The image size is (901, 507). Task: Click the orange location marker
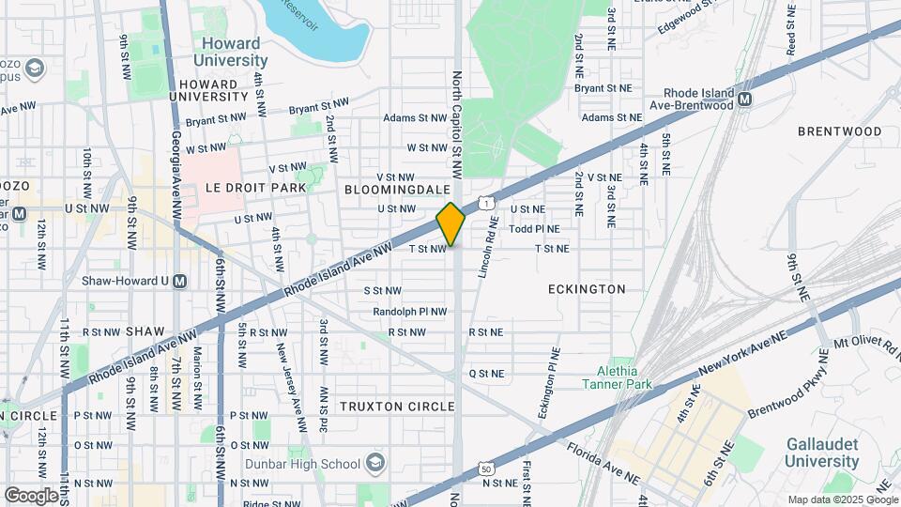(x=450, y=224)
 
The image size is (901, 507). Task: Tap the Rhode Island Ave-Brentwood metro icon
(x=744, y=99)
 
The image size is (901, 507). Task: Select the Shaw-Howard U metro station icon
(x=180, y=281)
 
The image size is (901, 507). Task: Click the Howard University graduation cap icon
(x=36, y=69)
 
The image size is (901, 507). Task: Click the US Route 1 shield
(x=485, y=202)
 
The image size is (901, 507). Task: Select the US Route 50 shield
(x=485, y=468)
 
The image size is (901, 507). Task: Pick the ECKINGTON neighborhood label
(x=587, y=289)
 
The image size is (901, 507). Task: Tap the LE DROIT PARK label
(x=255, y=188)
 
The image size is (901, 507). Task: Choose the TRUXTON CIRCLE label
(x=397, y=407)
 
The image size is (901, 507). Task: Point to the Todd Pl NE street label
(x=534, y=228)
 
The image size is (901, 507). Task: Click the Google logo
(x=31, y=494)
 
